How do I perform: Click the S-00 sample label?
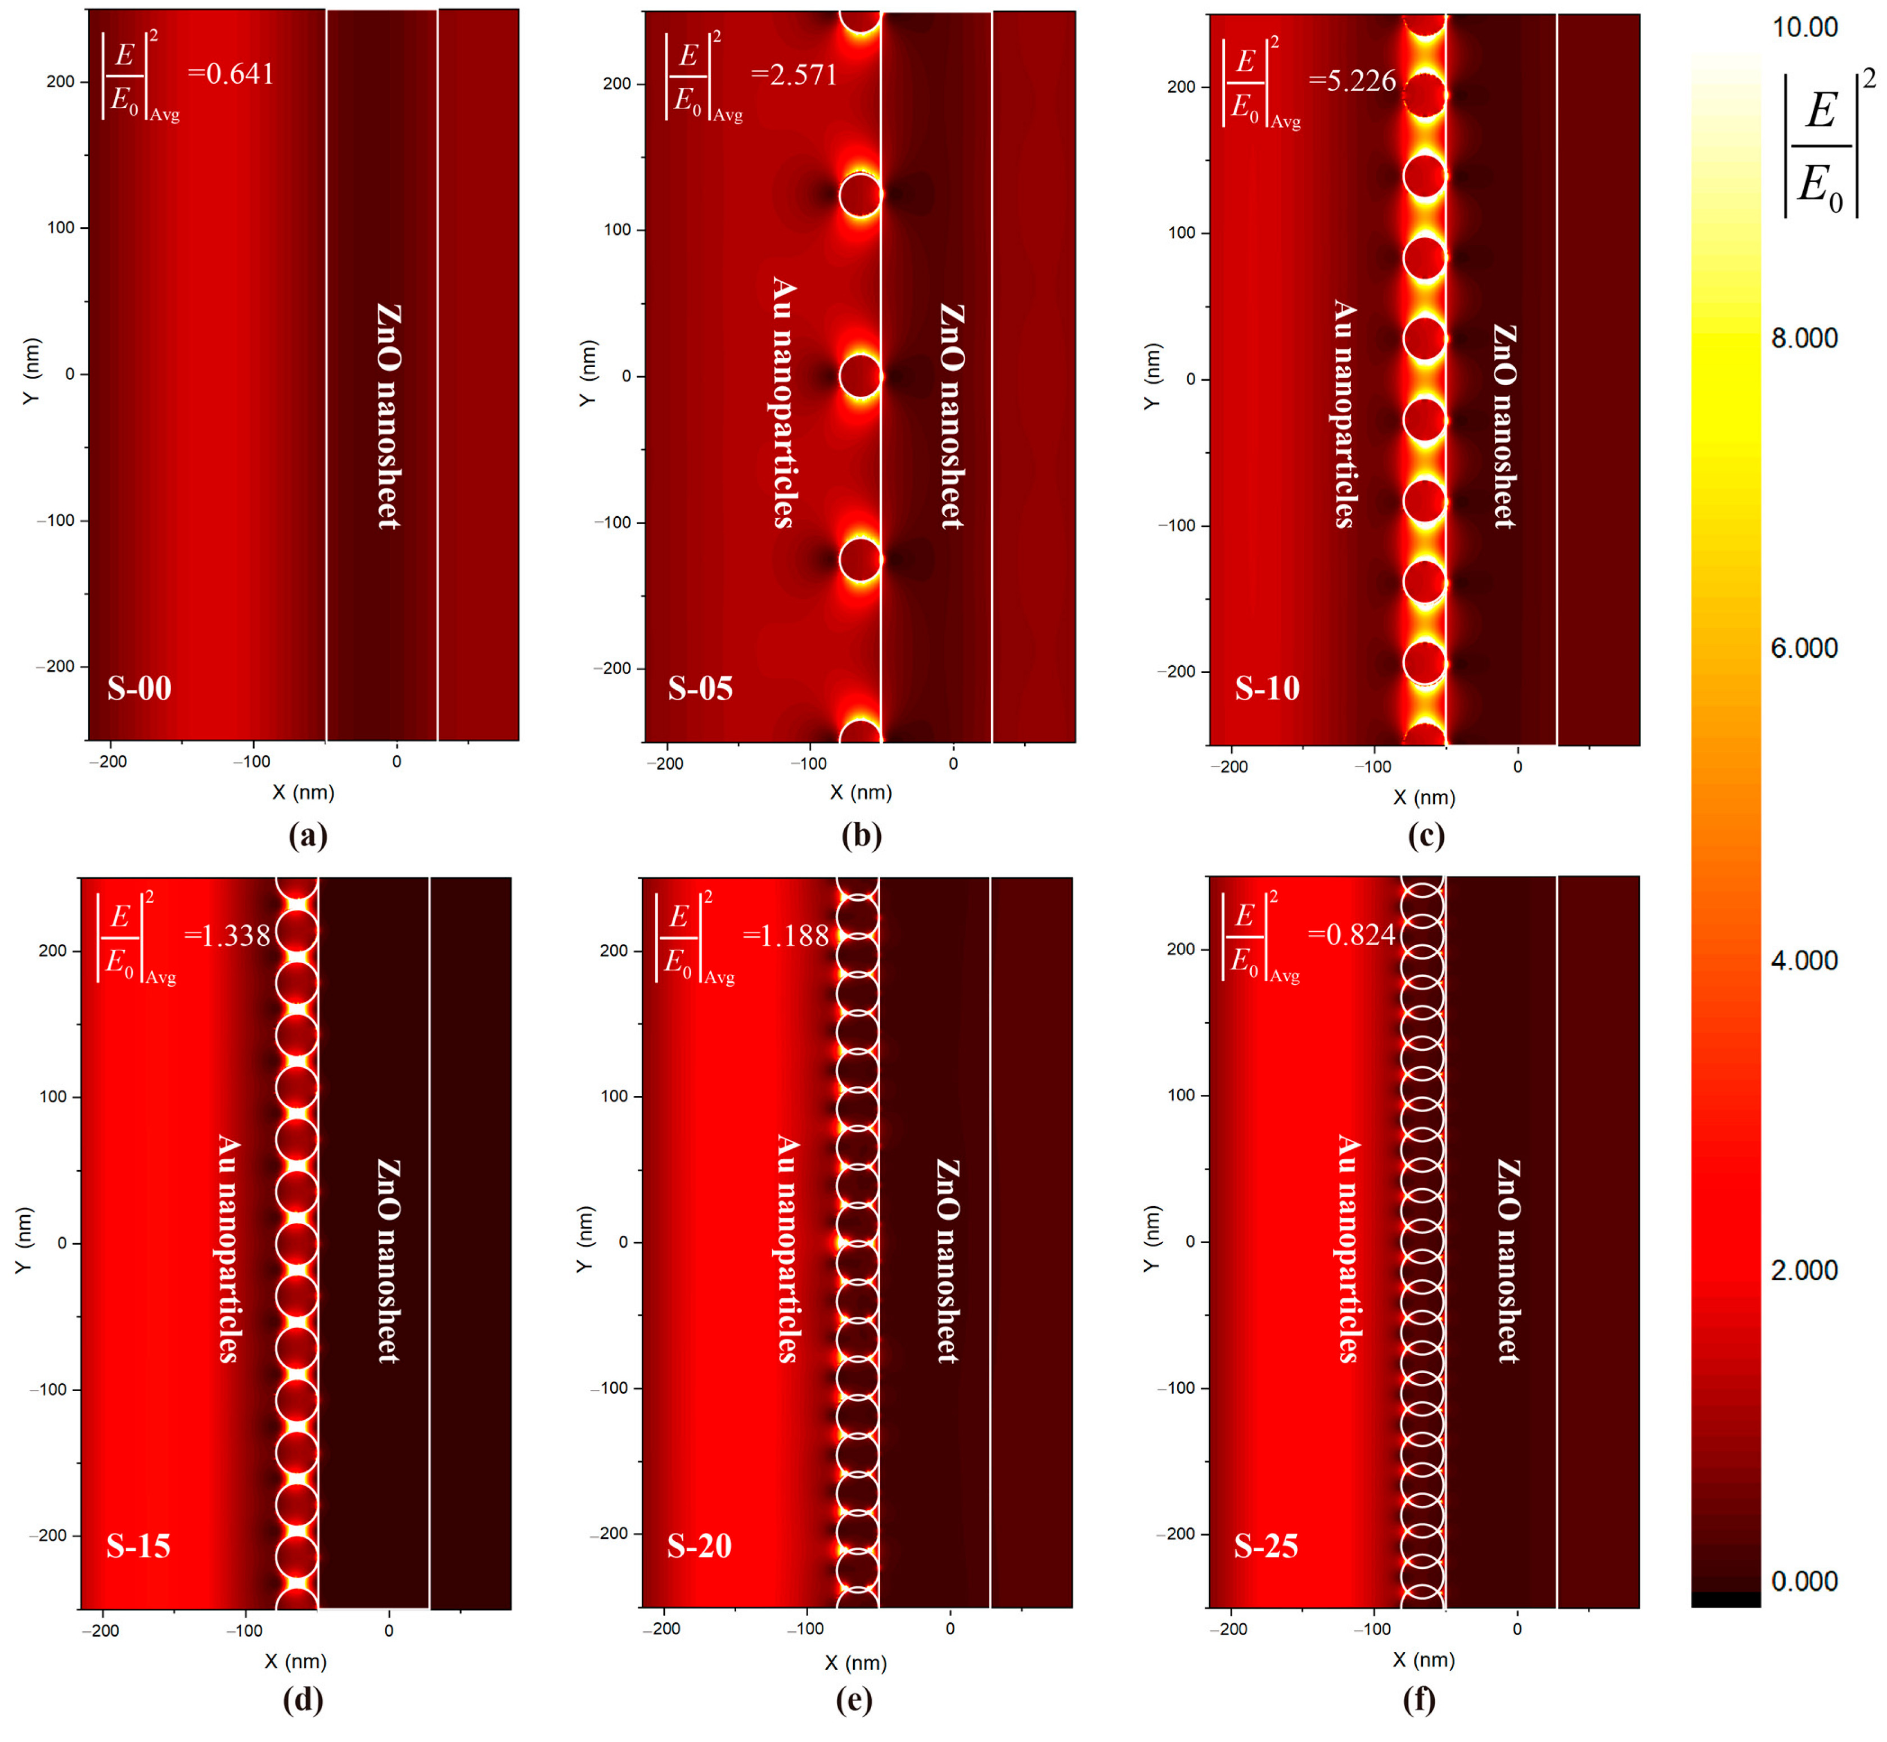point(139,689)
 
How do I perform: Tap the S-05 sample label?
point(700,689)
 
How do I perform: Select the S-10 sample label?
point(1267,689)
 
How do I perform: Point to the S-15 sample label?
point(138,1546)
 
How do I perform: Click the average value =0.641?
point(231,74)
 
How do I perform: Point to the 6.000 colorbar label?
point(1804,648)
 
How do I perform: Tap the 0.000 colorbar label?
point(1804,1581)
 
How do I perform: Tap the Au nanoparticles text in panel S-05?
point(783,401)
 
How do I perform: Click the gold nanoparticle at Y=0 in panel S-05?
point(860,376)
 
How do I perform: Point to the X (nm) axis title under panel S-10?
point(1424,797)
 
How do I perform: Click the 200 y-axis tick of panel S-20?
point(614,950)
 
